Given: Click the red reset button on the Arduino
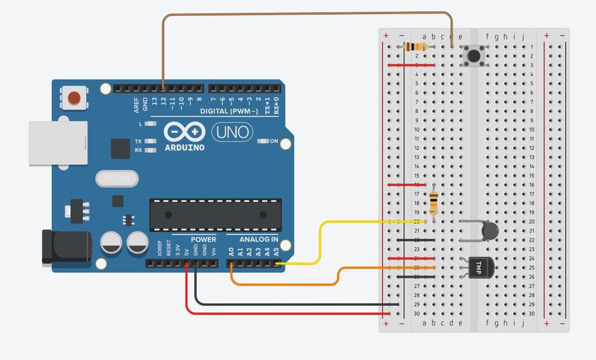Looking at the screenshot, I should (75, 98).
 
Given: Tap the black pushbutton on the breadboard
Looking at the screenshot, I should (474, 55).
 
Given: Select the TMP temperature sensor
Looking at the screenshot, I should (479, 268).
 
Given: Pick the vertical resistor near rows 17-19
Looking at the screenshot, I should (434, 203).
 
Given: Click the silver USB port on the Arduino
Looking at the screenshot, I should (58, 144).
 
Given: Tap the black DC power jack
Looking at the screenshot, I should (57, 247).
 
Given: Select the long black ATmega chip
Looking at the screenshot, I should (215, 215).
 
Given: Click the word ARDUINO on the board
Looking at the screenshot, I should (185, 148).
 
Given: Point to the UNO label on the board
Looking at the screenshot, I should (231, 132).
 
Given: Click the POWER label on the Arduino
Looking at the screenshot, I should (203, 240).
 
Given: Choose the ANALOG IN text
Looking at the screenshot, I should (259, 240).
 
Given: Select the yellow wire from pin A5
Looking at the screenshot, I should (320, 242).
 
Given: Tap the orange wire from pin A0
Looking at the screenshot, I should (287, 284).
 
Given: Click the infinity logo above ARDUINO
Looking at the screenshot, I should (184, 132).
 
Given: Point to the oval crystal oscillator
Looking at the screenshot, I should (117, 178).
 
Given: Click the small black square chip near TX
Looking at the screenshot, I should (120, 148).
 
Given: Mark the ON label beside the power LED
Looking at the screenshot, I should (274, 141).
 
